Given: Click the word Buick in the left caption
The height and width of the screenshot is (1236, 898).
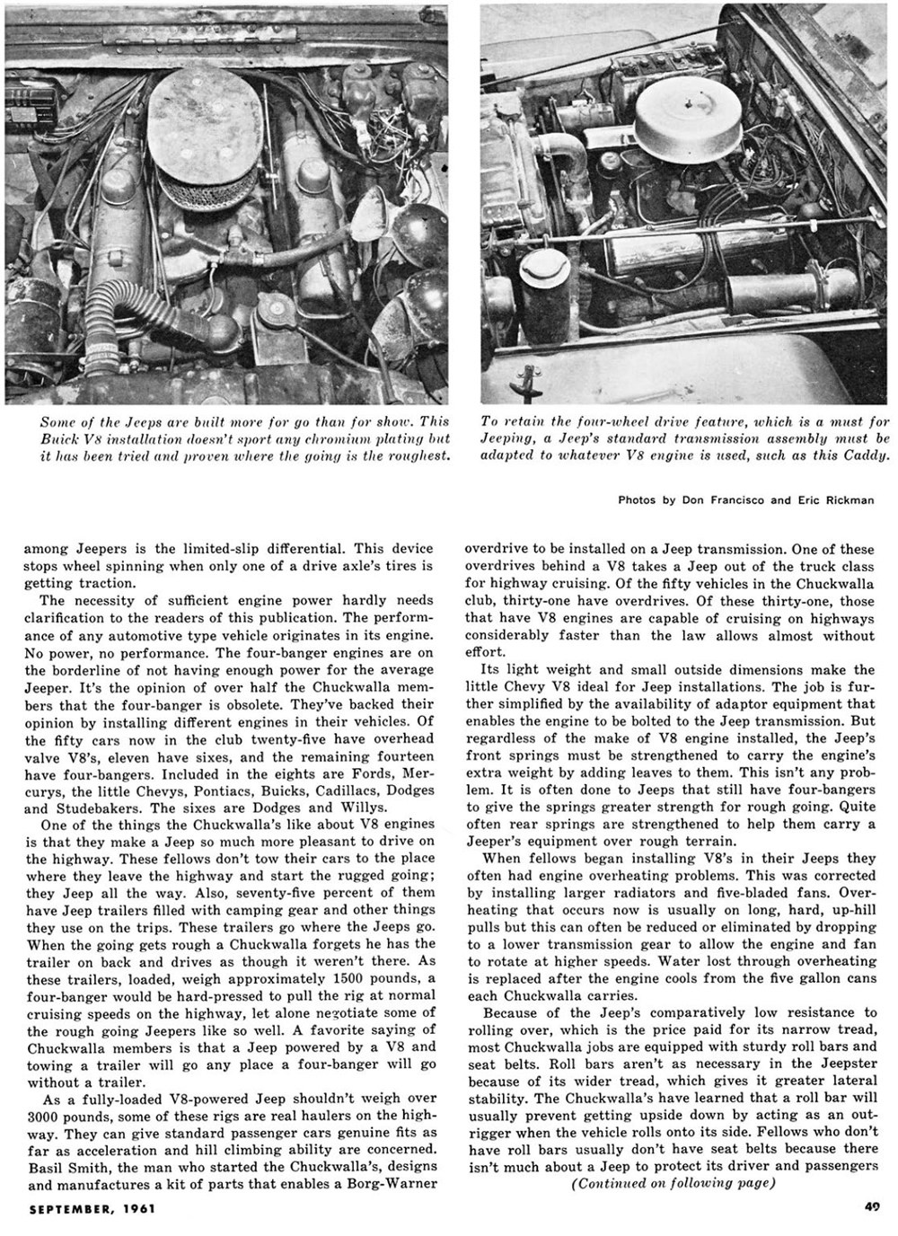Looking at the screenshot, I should click(x=62, y=438).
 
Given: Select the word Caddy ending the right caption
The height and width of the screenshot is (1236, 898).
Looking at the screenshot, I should click(x=866, y=455).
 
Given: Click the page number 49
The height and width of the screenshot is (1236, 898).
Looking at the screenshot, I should click(x=871, y=1208).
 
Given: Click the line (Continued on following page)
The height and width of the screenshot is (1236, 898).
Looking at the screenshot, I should click(x=672, y=1182).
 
